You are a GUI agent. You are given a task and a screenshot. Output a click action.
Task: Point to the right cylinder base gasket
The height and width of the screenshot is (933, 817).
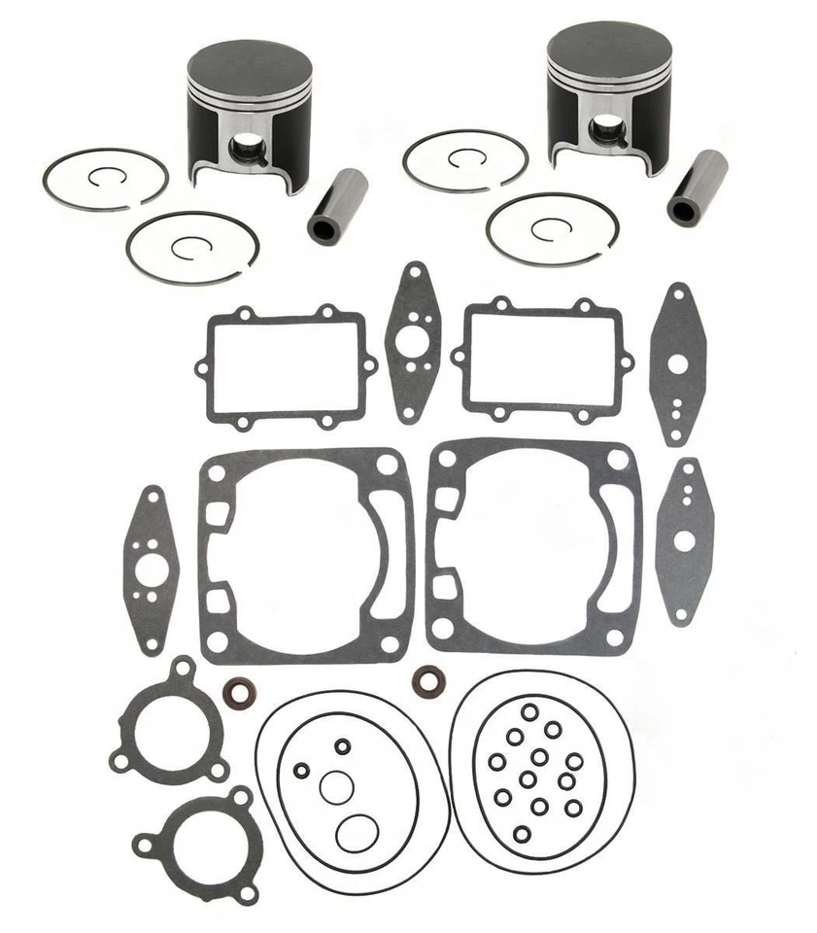(534, 547)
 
